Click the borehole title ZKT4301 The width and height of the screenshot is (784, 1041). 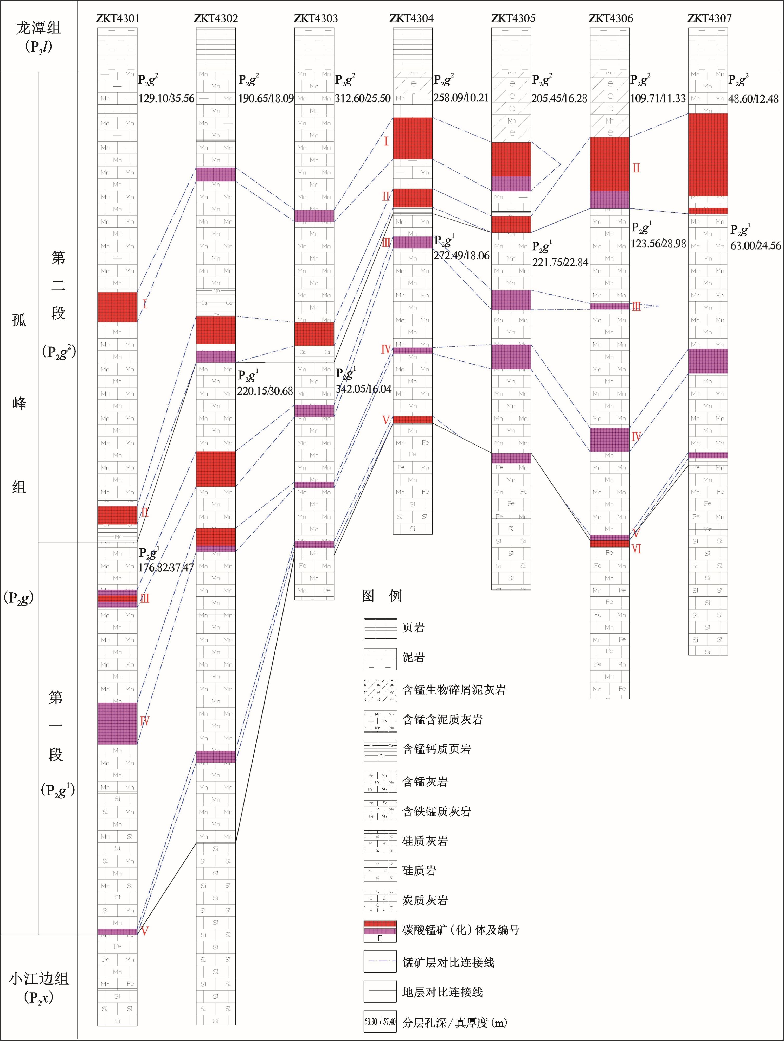point(118,18)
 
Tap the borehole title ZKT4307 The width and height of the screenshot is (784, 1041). point(709,18)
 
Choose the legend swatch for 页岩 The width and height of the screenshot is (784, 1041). point(380,628)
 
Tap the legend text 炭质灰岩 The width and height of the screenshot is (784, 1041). point(425,900)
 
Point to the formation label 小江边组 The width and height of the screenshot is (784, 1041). point(38,978)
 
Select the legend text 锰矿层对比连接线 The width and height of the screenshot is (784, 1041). point(448,962)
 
